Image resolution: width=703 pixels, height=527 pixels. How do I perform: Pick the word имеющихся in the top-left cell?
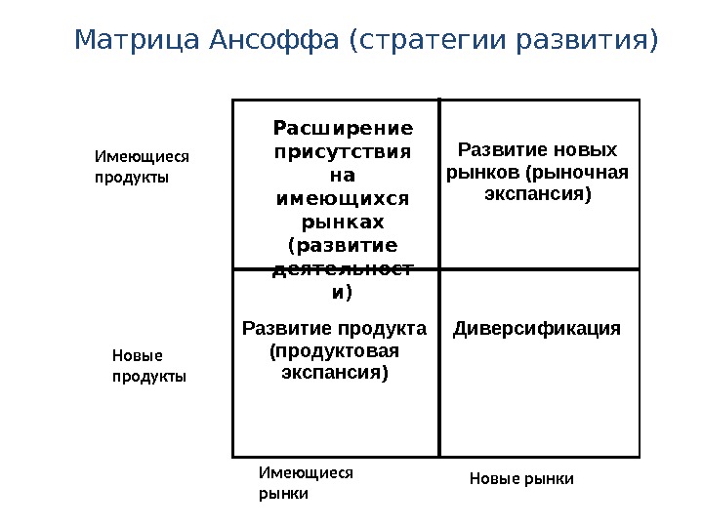click(343, 198)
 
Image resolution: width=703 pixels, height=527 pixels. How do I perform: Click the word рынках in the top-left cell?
click(343, 222)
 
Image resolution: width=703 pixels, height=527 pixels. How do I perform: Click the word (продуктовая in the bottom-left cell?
click(334, 350)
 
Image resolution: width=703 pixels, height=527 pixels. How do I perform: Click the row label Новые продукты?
click(149, 366)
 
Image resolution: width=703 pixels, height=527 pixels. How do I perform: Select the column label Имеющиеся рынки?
click(306, 482)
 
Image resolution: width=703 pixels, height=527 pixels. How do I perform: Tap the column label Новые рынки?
click(521, 478)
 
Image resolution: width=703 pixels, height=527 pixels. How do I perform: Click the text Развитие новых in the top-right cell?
click(538, 150)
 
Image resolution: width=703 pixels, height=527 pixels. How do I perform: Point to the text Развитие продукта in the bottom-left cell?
click(334, 329)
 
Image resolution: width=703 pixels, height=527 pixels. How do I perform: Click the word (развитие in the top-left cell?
click(343, 245)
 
